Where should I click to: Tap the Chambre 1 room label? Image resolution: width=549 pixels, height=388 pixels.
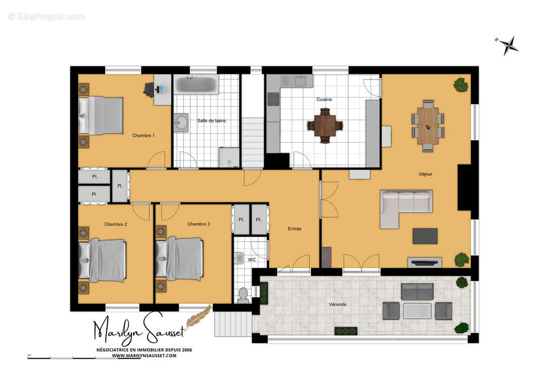[143, 135]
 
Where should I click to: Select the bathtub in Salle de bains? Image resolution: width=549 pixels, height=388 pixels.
[196, 84]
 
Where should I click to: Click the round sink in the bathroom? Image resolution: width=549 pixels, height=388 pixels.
[181, 122]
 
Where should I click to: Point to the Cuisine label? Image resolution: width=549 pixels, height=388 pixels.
[324, 99]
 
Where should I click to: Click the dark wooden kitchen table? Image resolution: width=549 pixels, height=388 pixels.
[325, 126]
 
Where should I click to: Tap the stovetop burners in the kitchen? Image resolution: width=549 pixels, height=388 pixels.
[273, 99]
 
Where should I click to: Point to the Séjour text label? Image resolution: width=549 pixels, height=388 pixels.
[425, 174]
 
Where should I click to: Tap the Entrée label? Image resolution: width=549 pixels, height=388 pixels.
[295, 229]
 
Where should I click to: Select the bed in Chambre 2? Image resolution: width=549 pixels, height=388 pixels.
[102, 260]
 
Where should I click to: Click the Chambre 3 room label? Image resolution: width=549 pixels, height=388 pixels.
[199, 224]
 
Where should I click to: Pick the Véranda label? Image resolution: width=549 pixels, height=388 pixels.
[337, 305]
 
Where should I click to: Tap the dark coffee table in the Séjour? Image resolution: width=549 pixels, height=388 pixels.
[425, 236]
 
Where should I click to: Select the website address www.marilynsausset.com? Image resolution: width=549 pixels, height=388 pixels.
[144, 356]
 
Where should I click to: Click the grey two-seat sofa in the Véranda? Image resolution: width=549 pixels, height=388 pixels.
[417, 291]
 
